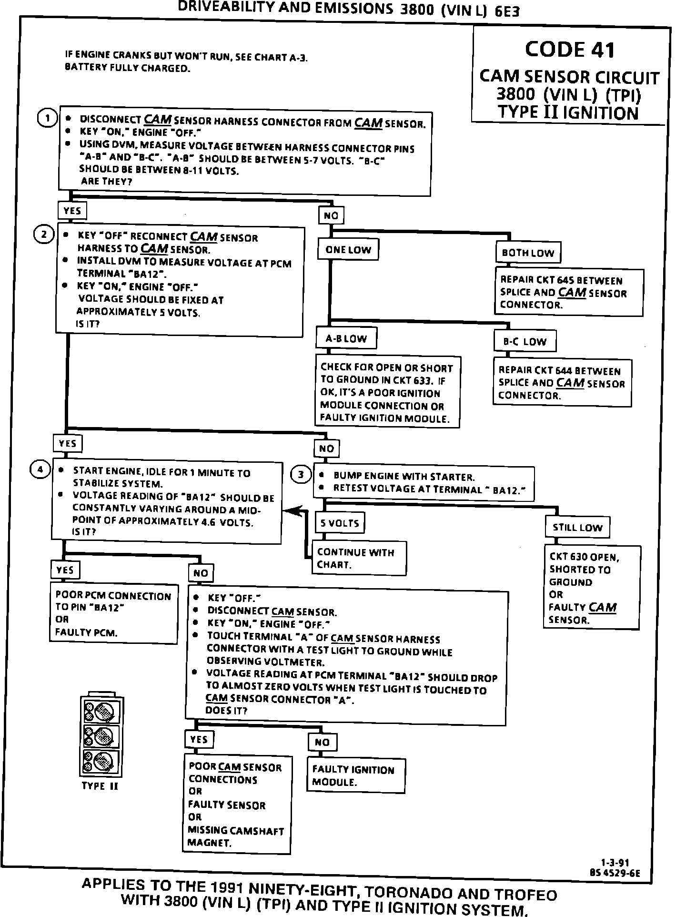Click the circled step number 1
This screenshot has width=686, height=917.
(x=47, y=118)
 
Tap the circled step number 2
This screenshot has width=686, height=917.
(x=43, y=234)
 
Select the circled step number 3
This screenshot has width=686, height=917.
(x=301, y=475)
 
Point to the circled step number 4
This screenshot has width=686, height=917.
(x=40, y=470)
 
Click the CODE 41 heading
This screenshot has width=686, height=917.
(x=570, y=50)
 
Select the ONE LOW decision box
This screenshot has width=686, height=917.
(x=348, y=250)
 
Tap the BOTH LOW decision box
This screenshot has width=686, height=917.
(x=528, y=253)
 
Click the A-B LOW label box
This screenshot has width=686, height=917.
(x=346, y=339)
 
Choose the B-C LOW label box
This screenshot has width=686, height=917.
(x=525, y=342)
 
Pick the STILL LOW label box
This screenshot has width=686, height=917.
(x=577, y=528)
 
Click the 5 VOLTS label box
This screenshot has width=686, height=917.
(x=340, y=523)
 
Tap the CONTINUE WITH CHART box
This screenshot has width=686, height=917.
(x=359, y=558)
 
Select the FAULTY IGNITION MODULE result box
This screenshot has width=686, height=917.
(x=355, y=776)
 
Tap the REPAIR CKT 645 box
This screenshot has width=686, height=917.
(x=569, y=292)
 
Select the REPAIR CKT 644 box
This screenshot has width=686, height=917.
(x=562, y=383)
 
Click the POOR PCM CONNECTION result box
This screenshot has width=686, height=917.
(x=114, y=614)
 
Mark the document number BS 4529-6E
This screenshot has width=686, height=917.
(x=615, y=873)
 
